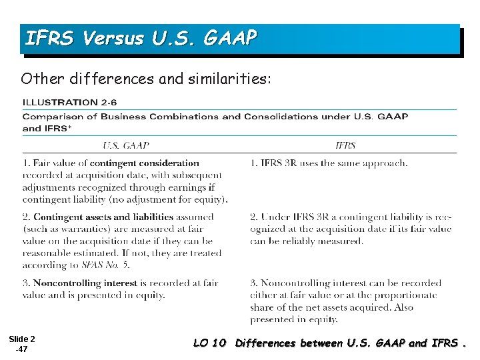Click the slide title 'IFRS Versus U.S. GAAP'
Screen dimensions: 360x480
pos(140,39)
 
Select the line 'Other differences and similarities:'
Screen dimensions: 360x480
pos(146,79)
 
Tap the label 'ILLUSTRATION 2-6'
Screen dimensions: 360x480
pos(70,103)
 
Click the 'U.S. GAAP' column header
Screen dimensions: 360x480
pos(125,145)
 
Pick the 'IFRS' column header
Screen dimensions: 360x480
pos(345,145)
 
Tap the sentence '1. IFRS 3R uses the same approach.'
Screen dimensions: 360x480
pos(329,163)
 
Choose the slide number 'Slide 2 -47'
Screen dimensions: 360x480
pos(23,344)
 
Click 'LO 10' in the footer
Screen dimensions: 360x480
pos(210,344)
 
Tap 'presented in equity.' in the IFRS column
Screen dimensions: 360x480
pos(294,319)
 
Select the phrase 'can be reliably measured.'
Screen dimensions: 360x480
pos(307,241)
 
